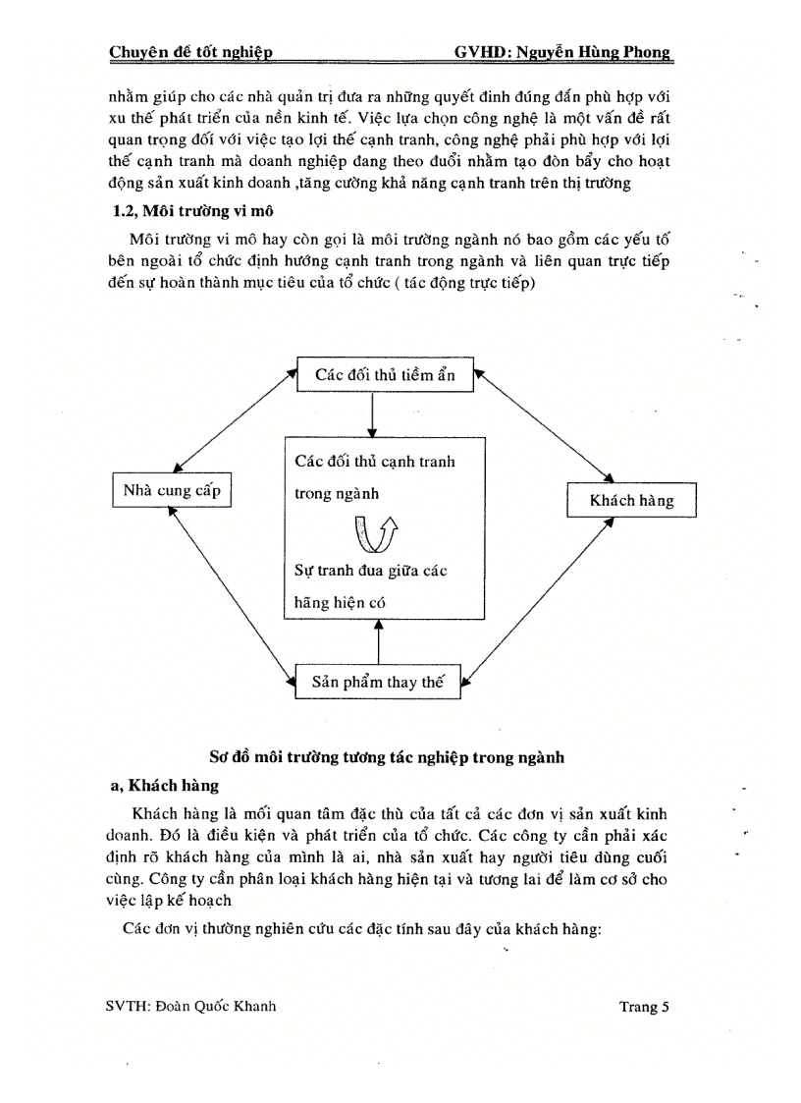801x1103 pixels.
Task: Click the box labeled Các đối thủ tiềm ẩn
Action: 385,374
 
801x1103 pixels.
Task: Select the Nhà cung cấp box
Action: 173,490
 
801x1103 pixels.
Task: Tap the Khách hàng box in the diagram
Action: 631,500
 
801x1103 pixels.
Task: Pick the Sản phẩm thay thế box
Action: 378,682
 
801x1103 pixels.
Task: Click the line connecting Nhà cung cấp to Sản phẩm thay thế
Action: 232,592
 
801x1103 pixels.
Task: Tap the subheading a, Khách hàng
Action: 163,786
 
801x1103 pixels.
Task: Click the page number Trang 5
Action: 644,1006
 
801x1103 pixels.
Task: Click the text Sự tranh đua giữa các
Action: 371,570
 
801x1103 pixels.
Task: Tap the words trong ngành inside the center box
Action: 336,494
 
